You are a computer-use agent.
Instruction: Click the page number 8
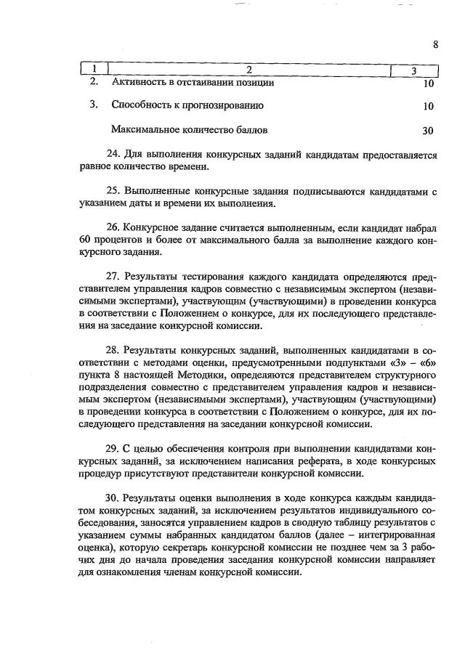point(435,44)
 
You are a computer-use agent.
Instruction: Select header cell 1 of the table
point(93,70)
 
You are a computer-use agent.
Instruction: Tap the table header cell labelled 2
point(248,70)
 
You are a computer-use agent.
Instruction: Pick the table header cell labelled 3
point(413,70)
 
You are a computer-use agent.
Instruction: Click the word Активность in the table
point(139,83)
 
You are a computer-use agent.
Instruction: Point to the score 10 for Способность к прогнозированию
point(428,107)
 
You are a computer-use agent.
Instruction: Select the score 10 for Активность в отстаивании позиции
point(428,84)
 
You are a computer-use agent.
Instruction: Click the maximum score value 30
point(428,131)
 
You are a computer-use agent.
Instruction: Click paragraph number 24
point(113,155)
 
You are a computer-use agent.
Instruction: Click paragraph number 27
point(113,277)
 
